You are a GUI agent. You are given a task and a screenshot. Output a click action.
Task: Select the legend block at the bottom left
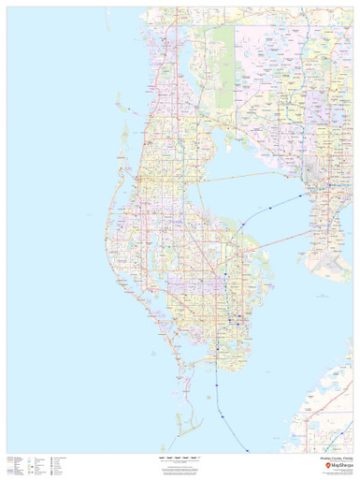[x=37, y=463]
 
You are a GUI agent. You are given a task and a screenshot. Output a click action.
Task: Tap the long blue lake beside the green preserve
[x=206, y=56]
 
